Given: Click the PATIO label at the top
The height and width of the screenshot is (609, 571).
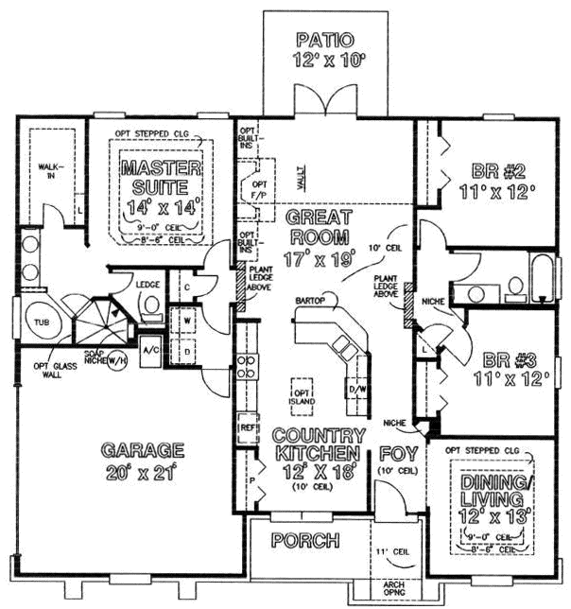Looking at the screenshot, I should [x=324, y=41].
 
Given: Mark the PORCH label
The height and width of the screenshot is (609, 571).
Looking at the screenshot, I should [x=304, y=541].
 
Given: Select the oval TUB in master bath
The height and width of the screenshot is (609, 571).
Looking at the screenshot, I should [x=41, y=321].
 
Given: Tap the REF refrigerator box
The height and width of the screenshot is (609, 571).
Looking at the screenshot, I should [x=248, y=426].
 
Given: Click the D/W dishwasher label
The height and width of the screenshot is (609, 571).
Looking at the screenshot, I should [x=356, y=389].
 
